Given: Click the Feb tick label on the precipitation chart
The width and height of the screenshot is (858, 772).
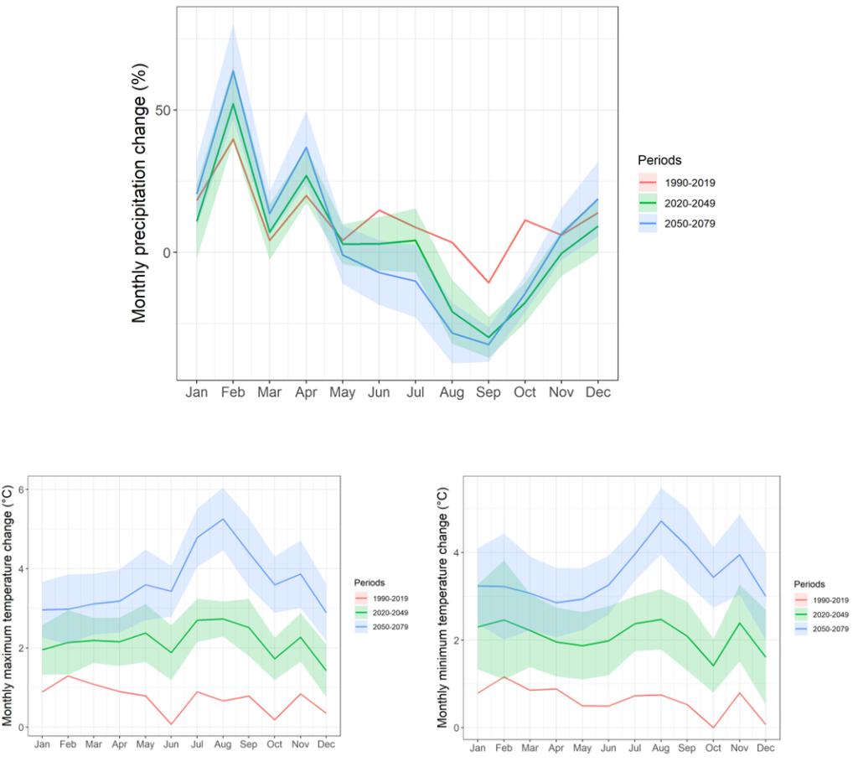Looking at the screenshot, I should click(x=232, y=392).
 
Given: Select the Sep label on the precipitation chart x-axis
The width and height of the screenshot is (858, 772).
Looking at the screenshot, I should click(x=488, y=392).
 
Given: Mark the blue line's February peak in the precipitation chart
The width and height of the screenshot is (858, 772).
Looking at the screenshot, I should click(x=233, y=70).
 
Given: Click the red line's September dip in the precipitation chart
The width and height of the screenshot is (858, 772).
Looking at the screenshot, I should click(x=488, y=282).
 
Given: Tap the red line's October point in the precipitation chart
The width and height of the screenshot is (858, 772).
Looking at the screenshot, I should click(x=525, y=220).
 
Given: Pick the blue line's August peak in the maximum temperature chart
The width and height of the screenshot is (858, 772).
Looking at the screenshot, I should click(x=222, y=519).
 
